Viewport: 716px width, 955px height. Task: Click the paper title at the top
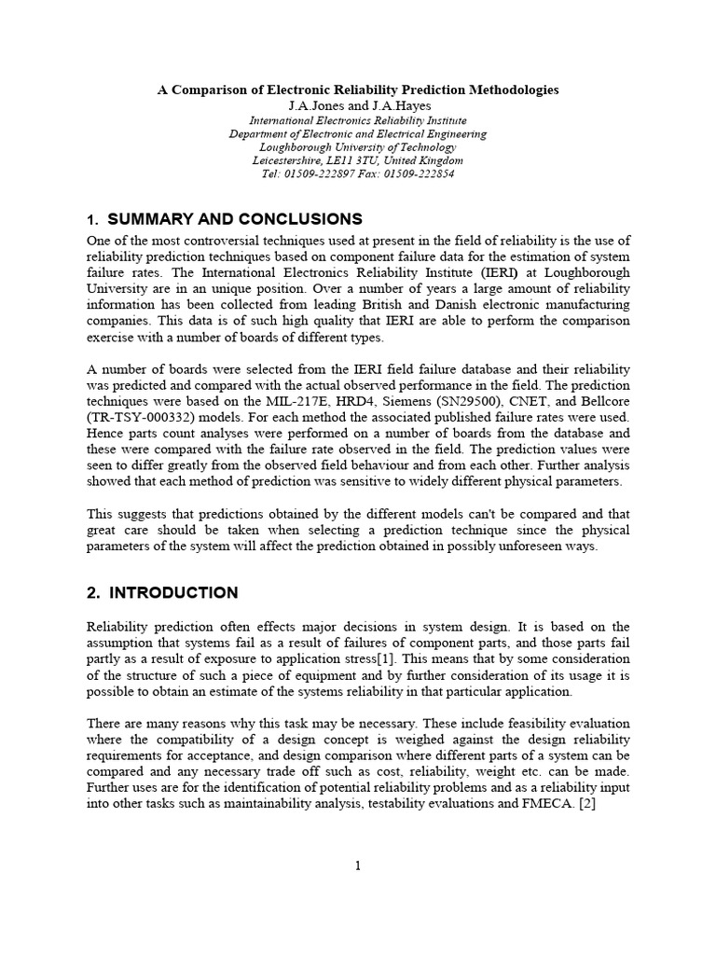358,90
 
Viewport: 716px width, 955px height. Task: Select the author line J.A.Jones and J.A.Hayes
358,106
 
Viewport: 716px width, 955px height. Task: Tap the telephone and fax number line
358,173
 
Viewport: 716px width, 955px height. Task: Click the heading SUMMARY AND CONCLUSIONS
235,220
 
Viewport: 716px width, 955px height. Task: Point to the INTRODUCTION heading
173,593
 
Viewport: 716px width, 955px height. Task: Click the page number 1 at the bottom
357,865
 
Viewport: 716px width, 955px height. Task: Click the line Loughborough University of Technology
358,147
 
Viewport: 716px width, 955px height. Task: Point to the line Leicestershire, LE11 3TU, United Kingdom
358,160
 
